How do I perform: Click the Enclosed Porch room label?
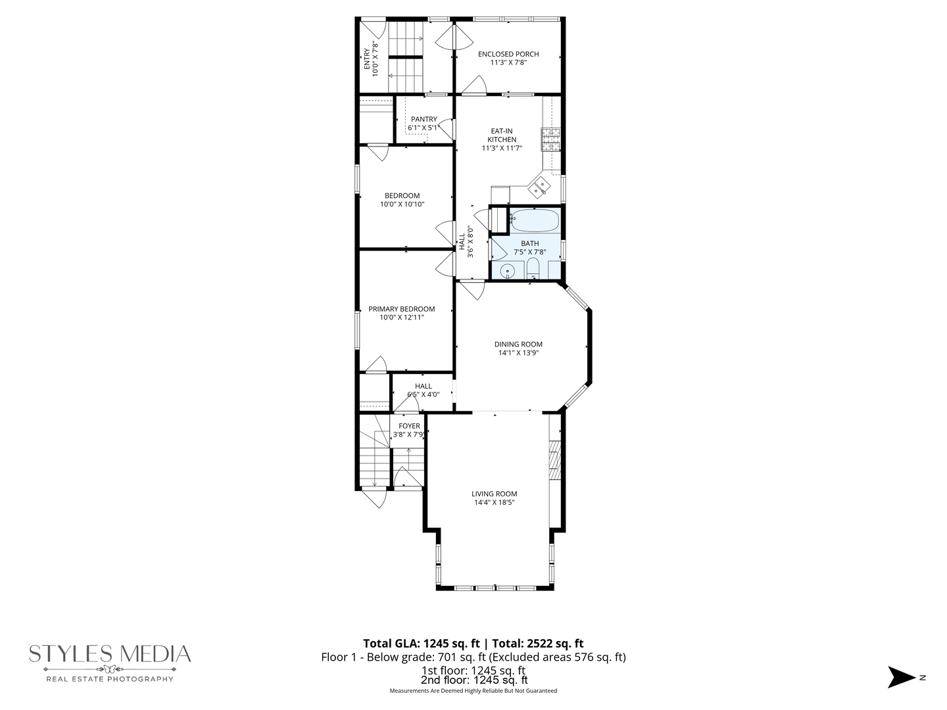pyautogui.click(x=508, y=54)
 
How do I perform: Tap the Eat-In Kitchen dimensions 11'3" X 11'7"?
pyautogui.click(x=501, y=149)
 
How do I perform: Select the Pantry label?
pyautogui.click(x=424, y=119)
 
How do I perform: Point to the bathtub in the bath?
pyautogui.click(x=535, y=221)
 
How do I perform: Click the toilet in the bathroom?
pyautogui.click(x=533, y=268)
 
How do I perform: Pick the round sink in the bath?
pyautogui.click(x=507, y=270)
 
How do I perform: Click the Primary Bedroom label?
pyautogui.click(x=401, y=309)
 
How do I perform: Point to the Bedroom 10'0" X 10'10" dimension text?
pyautogui.click(x=402, y=204)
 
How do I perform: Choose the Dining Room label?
pyautogui.click(x=518, y=344)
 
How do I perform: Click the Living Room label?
pyautogui.click(x=494, y=494)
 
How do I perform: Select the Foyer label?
pyautogui.click(x=408, y=426)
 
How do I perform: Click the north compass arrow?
pyautogui.click(x=901, y=677)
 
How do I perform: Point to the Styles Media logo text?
pyautogui.click(x=110, y=653)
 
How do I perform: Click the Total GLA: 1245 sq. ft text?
pyautogui.click(x=422, y=644)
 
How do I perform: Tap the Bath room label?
pyautogui.click(x=529, y=243)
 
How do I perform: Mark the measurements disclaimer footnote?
pyautogui.click(x=473, y=691)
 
